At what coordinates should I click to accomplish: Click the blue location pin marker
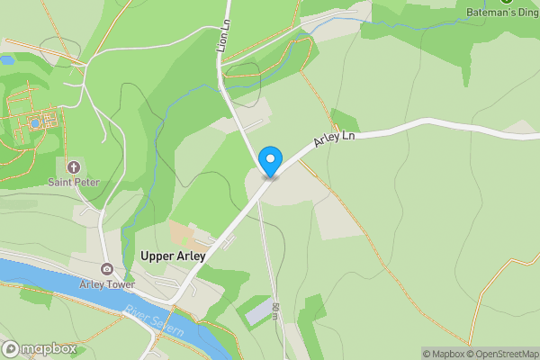(x=269, y=162)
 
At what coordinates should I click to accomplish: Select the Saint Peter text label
(x=74, y=182)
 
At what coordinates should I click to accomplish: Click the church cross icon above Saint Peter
(x=74, y=166)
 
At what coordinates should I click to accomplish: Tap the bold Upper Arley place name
(x=173, y=256)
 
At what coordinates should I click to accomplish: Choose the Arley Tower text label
(x=107, y=284)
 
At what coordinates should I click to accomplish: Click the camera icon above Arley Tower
(x=107, y=269)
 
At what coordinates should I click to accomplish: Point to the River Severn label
(x=155, y=321)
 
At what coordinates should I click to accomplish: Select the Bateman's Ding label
(x=503, y=13)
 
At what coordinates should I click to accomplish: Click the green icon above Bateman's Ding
(x=506, y=2)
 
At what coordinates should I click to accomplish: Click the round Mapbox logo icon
(x=11, y=348)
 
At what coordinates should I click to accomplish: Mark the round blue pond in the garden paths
(x=34, y=122)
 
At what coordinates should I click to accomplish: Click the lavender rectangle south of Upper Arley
(x=257, y=311)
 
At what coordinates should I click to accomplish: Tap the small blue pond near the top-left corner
(x=6, y=60)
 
